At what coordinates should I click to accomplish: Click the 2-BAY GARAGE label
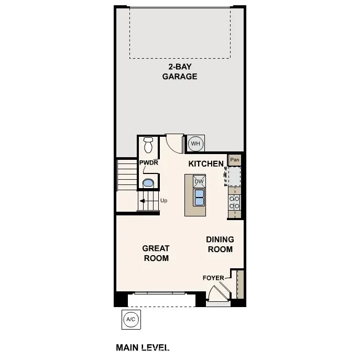tap(179, 72)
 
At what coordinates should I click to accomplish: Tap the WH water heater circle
tap(195, 144)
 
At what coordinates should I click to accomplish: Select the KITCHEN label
tap(206, 164)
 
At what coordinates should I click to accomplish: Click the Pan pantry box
tap(235, 160)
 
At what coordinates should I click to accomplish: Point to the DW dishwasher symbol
tap(199, 182)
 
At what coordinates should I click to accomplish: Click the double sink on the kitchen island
tap(199, 198)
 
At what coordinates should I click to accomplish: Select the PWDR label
tap(148, 163)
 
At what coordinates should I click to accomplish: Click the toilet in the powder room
tap(148, 144)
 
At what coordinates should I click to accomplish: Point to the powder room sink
tap(148, 183)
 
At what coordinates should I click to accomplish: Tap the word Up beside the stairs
tap(163, 201)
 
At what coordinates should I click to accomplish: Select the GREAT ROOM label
tap(156, 253)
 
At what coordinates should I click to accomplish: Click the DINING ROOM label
tap(220, 244)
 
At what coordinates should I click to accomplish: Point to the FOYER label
tap(213, 278)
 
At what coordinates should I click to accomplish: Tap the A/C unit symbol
tap(130, 319)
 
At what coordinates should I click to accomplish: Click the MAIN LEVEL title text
tap(143, 347)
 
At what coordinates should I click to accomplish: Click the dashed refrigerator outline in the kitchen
tap(233, 176)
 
